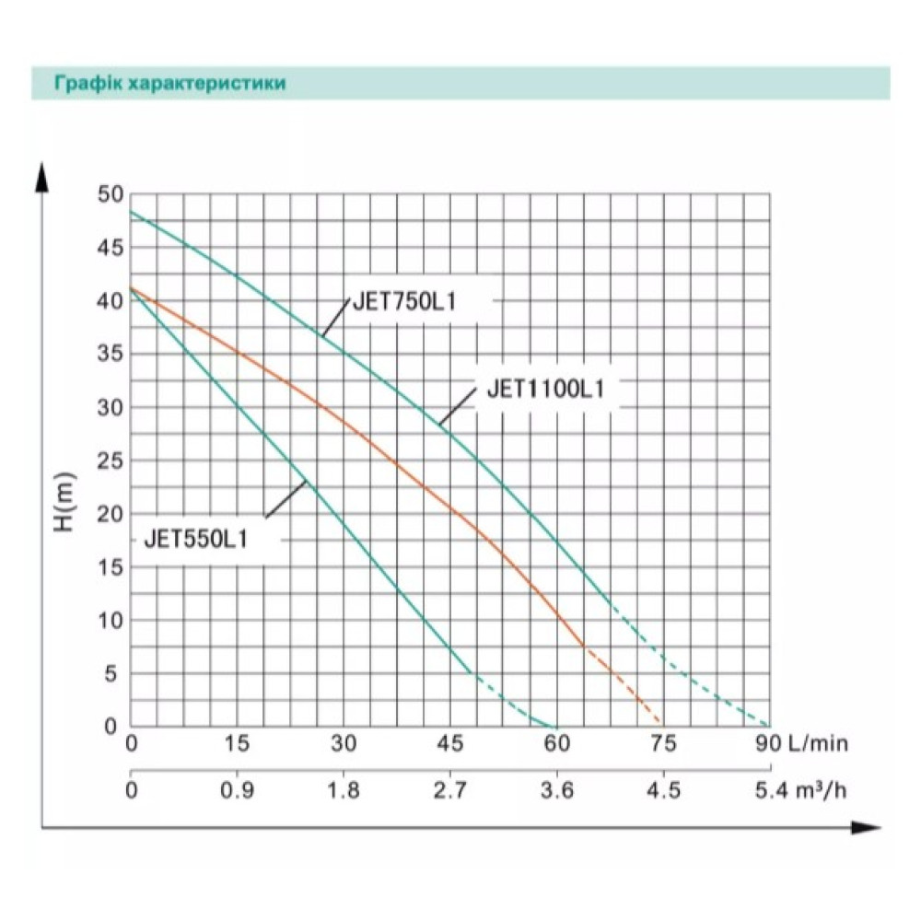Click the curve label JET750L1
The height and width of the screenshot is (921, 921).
pyautogui.click(x=404, y=302)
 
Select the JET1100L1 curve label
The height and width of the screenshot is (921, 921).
pyautogui.click(x=545, y=389)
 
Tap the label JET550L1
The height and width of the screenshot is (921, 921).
pyautogui.click(x=196, y=539)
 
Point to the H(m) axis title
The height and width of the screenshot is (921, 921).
pyautogui.click(x=64, y=501)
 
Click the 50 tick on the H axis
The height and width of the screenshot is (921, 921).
pyautogui.click(x=111, y=194)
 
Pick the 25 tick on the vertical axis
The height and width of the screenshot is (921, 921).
pyautogui.click(x=111, y=461)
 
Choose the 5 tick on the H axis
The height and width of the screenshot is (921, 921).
pyautogui.click(x=111, y=674)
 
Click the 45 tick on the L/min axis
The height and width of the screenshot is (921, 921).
pyautogui.click(x=450, y=743)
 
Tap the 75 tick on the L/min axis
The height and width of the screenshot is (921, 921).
pyautogui.click(x=663, y=743)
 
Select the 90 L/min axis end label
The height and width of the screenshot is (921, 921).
pyautogui.click(x=802, y=743)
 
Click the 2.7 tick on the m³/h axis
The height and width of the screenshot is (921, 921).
pyautogui.click(x=450, y=790)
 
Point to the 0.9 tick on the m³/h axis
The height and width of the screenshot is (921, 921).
pyautogui.click(x=238, y=790)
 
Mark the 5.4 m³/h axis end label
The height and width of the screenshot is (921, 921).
pyautogui.click(x=800, y=790)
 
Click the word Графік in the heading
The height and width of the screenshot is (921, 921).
pyautogui.click(x=88, y=83)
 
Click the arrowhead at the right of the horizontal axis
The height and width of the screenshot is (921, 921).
pyautogui.click(x=866, y=828)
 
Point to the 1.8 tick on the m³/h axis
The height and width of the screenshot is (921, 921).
pyautogui.click(x=344, y=790)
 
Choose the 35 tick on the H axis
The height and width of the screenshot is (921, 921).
pyautogui.click(x=111, y=355)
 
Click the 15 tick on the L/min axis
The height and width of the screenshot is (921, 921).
pyautogui.click(x=238, y=743)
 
